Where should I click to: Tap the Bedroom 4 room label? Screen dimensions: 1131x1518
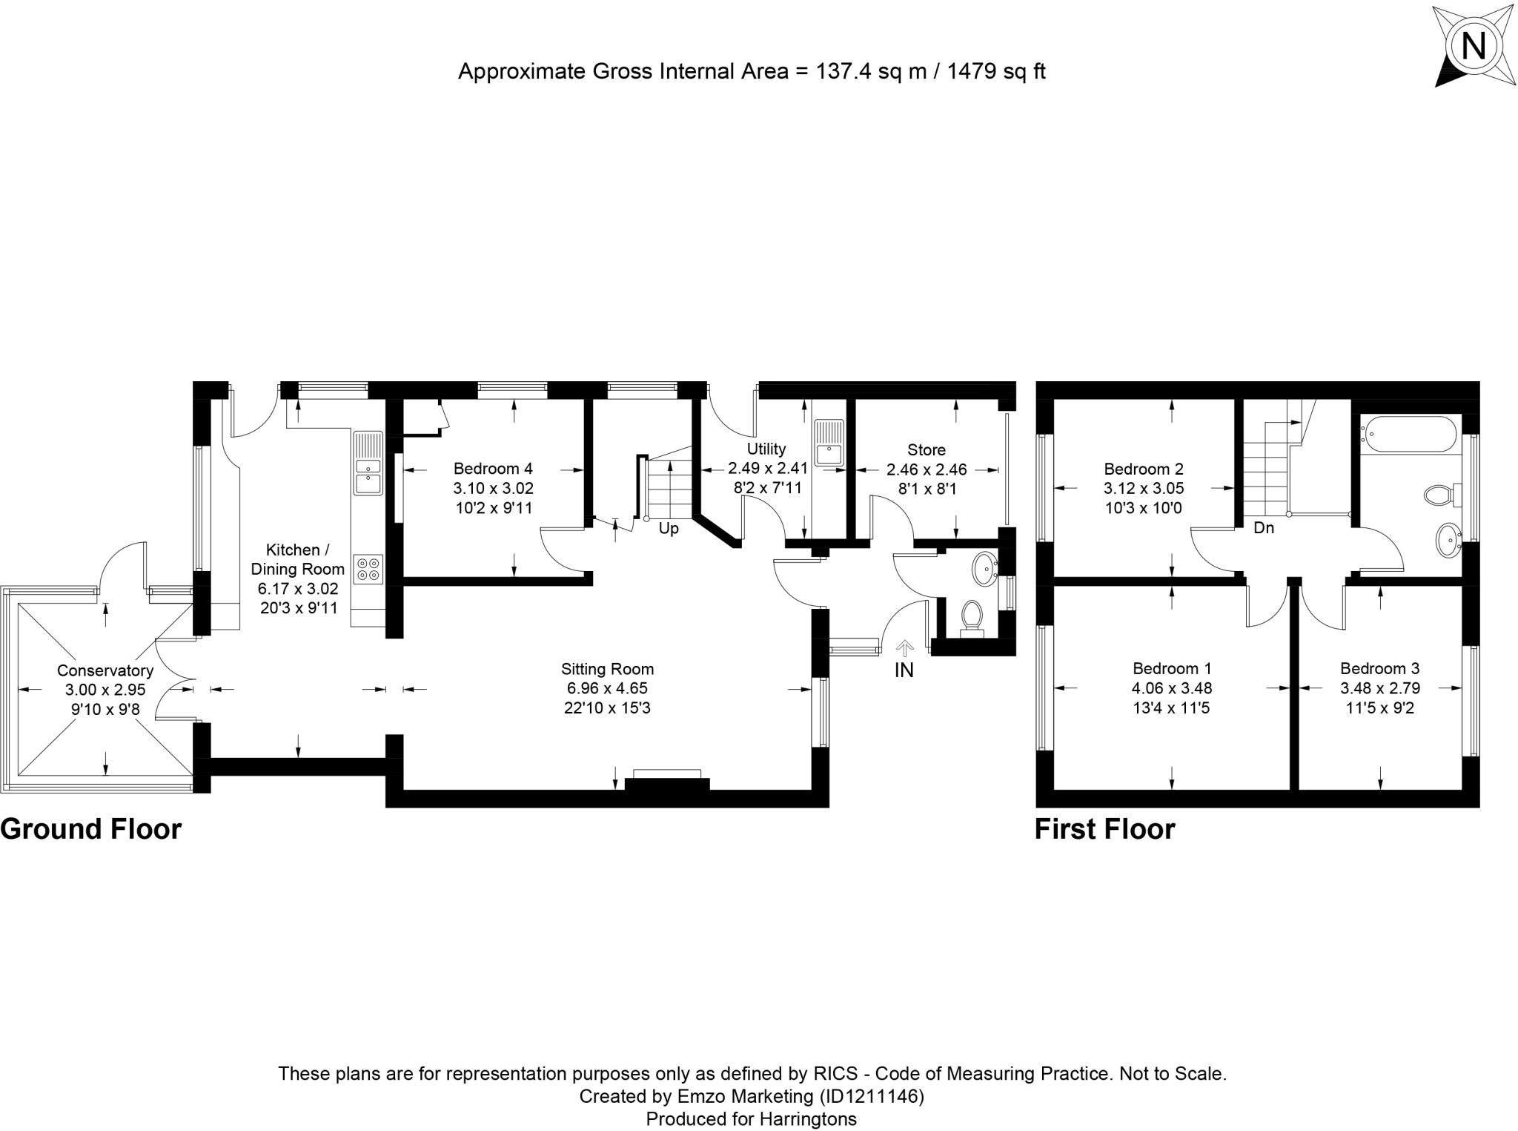[493, 469]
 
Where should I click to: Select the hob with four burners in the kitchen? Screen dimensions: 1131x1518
[368, 568]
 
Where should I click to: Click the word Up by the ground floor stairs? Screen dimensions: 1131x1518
[669, 529]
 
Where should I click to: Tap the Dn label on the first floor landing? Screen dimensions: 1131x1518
[1263, 528]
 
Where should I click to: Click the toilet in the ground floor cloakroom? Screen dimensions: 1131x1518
[971, 616]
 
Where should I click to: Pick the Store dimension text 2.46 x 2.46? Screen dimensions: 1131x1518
[927, 469]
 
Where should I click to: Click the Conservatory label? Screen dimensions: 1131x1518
[105, 670]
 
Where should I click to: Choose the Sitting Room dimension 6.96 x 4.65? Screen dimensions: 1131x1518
[607, 688]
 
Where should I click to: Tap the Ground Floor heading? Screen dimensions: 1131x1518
[90, 829]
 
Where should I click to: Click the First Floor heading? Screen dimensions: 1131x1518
[1104, 829]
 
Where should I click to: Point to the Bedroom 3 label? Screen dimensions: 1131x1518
[1379, 668]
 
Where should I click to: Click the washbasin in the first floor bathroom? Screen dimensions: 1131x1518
[1448, 540]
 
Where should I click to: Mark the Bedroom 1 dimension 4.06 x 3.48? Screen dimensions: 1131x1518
[1172, 688]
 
